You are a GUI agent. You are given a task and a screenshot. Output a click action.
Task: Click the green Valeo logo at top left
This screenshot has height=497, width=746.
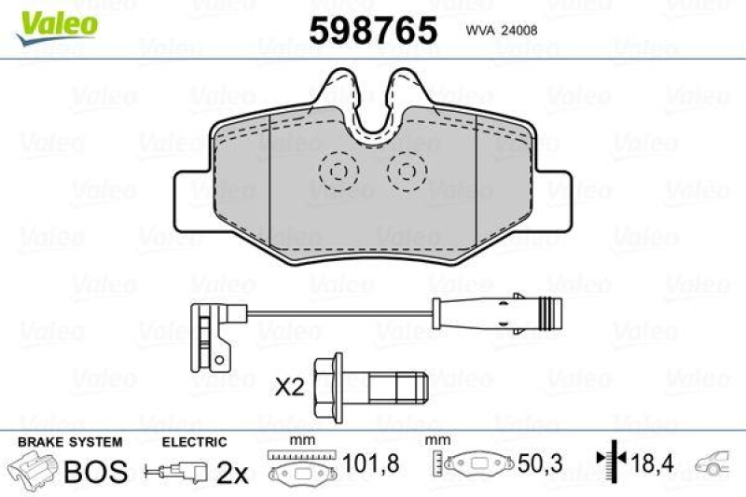55,21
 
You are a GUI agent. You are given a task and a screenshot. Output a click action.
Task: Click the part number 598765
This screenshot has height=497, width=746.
372,31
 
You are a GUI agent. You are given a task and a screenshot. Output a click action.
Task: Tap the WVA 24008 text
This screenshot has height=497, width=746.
500,30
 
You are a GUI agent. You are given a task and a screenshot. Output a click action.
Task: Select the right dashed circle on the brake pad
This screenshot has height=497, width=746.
406,171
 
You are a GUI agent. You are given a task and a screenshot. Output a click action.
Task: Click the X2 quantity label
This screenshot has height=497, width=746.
291,386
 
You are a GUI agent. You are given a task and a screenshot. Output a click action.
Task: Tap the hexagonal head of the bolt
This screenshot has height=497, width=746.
329,382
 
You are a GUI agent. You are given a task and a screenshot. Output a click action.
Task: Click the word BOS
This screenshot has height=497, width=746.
96,472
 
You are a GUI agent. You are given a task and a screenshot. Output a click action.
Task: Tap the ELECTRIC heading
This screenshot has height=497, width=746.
195,442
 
